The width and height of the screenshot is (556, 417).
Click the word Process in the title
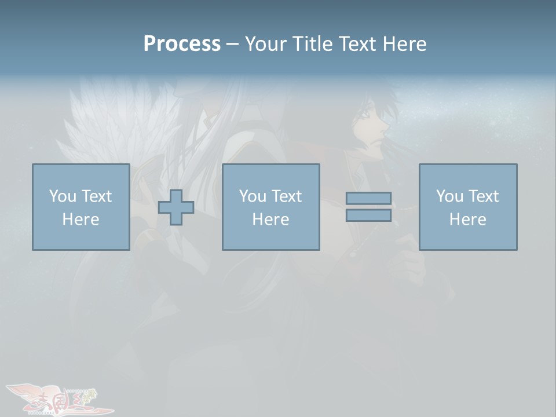click(182, 44)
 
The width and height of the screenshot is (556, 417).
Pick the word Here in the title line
click(404, 44)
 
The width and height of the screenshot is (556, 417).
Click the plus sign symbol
click(176, 207)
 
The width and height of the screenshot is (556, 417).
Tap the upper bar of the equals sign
click(368, 198)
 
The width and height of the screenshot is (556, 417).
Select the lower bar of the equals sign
click(368, 215)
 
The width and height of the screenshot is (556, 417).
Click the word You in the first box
click(62, 196)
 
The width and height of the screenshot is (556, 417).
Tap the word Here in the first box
click(81, 220)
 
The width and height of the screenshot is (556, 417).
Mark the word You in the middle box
click(252, 196)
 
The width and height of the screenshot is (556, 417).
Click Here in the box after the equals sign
click(468, 220)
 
